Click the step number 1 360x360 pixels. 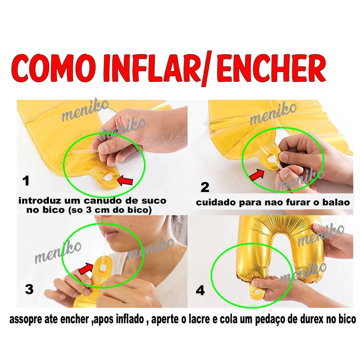(x=26, y=181)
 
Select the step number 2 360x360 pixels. (x=205, y=187)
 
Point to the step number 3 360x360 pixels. (x=29, y=289)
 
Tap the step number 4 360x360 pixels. (x=200, y=290)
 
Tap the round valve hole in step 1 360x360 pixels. (x=108, y=177)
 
